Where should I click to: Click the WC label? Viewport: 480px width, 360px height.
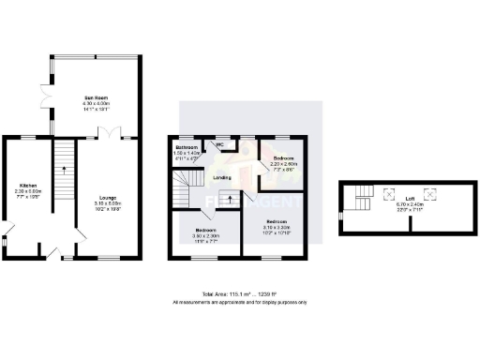tap(220, 144)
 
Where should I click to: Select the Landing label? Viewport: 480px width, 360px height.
tap(222, 176)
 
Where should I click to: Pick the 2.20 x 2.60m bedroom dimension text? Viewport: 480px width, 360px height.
tap(283, 163)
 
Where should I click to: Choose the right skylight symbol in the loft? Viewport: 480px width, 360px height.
tap(431, 195)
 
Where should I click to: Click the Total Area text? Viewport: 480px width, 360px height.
tap(239, 294)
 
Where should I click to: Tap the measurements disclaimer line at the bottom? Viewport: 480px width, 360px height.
tap(239, 303)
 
